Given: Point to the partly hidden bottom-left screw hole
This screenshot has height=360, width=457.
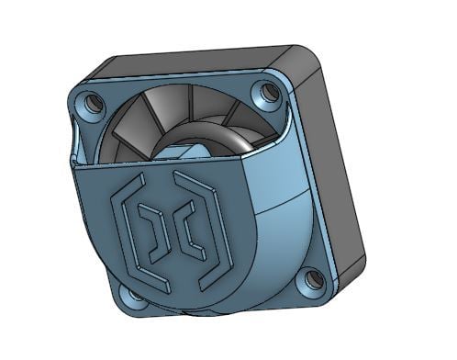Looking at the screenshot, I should point(135,296).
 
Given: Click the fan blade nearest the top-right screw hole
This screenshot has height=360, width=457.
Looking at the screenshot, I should point(240,112).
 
